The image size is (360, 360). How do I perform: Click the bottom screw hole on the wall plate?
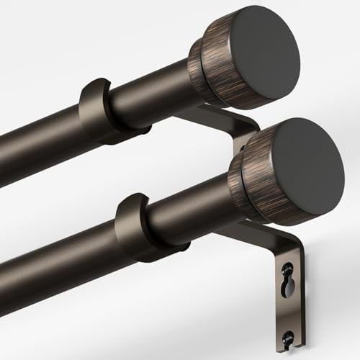click(x=288, y=335)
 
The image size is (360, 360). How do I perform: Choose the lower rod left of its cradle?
click(x=58, y=266)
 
